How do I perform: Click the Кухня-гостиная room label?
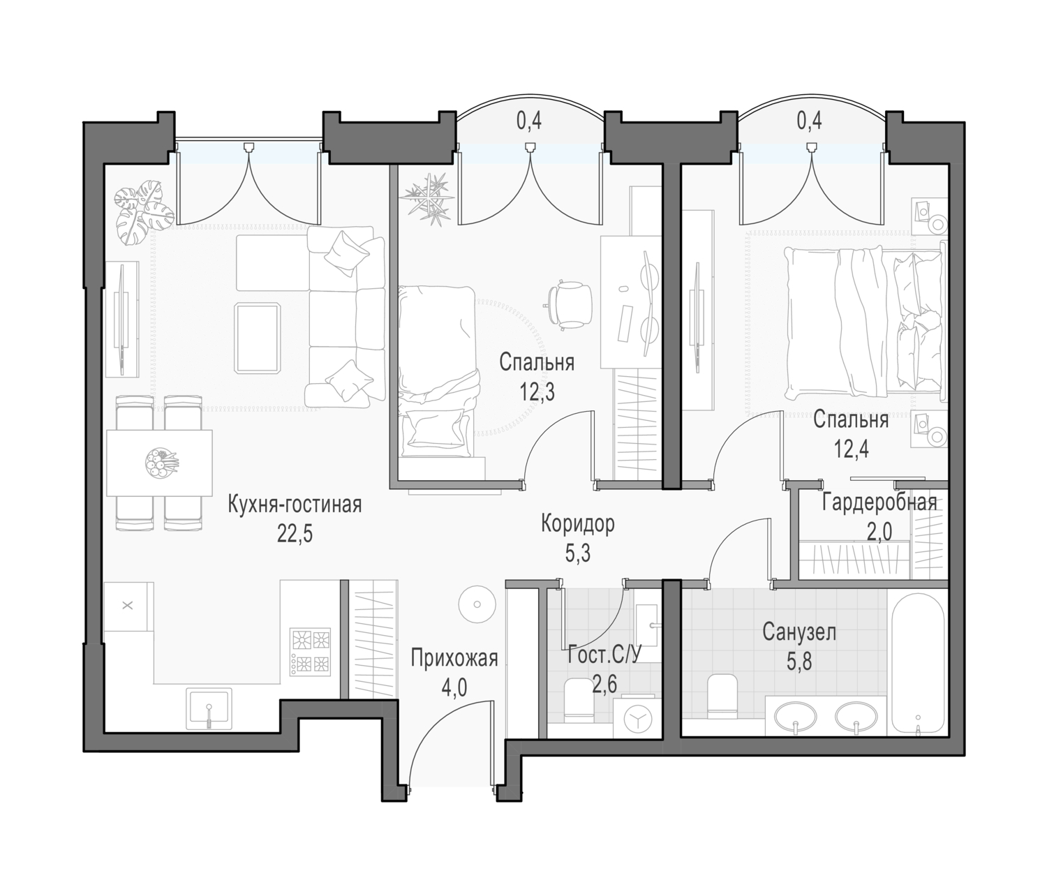[295, 504]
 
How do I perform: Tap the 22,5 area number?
[295, 535]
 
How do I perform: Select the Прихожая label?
[454, 658]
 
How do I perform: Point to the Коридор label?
[578, 524]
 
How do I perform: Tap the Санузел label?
[799, 633]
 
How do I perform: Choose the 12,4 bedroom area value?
[852, 450]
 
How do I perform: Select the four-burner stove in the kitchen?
[311, 652]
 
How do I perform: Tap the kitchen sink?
[209, 708]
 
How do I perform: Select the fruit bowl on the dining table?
[161, 464]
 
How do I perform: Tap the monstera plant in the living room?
[138, 214]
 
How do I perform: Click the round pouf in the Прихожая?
[477, 605]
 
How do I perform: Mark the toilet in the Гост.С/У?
[579, 699]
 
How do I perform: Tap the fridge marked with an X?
[128, 606]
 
